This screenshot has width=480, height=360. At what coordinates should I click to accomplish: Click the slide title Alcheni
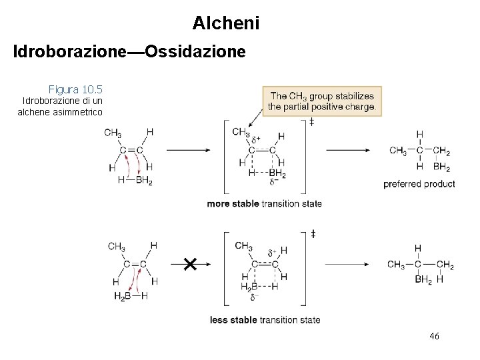pos(226,23)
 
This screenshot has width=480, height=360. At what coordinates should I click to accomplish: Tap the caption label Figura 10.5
pos(75,89)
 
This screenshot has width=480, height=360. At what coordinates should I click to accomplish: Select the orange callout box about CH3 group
pos(323,101)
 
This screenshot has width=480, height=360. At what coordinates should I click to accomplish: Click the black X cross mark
pos(189,265)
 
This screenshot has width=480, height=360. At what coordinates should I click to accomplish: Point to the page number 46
pos(434,337)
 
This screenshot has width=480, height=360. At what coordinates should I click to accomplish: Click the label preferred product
pos(419,184)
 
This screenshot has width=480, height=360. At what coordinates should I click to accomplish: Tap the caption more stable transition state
pos(264,203)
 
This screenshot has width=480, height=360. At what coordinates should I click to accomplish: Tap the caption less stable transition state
pos(265,320)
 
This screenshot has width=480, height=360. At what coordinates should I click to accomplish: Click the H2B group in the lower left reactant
pos(123,297)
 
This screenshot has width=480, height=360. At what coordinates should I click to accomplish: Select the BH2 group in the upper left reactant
pos(144,180)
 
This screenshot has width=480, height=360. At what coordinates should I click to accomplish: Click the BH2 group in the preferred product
pos(441,167)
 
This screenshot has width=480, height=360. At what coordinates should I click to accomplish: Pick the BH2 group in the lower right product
pos(423,280)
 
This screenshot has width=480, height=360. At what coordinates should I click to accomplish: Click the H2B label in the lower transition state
pos(249,287)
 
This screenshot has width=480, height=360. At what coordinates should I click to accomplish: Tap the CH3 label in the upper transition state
pos(241,132)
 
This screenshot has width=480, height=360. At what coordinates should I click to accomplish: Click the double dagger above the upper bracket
pos(312,122)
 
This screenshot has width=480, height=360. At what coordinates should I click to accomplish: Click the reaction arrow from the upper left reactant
pos(188,150)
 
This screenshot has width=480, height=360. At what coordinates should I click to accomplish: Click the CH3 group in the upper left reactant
pos(113,132)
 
